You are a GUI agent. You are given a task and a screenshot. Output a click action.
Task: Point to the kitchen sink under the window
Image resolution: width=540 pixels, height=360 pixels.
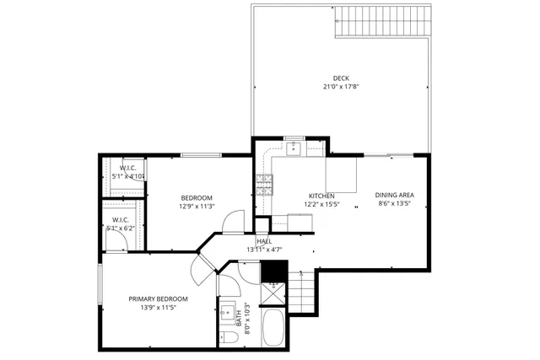(294, 149)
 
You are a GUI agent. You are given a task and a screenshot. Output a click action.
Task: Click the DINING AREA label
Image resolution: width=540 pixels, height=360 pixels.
(395, 195)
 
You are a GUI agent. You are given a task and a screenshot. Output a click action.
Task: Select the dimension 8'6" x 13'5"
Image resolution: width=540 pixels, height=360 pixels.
(395, 204)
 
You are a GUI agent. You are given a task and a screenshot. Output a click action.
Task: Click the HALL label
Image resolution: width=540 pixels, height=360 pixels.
(263, 241)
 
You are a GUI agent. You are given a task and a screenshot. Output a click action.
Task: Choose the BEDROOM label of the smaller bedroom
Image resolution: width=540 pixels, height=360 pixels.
(197, 197)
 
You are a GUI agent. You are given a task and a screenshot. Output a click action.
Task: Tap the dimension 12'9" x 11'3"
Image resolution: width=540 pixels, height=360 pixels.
(197, 207)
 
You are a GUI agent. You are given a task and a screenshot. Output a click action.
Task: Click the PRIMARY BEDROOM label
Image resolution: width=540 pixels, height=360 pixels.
(158, 299)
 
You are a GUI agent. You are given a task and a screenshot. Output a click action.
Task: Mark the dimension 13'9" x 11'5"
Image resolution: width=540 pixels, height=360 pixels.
(158, 309)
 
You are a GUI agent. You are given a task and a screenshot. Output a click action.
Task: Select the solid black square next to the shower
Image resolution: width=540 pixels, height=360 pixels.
(274, 271)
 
